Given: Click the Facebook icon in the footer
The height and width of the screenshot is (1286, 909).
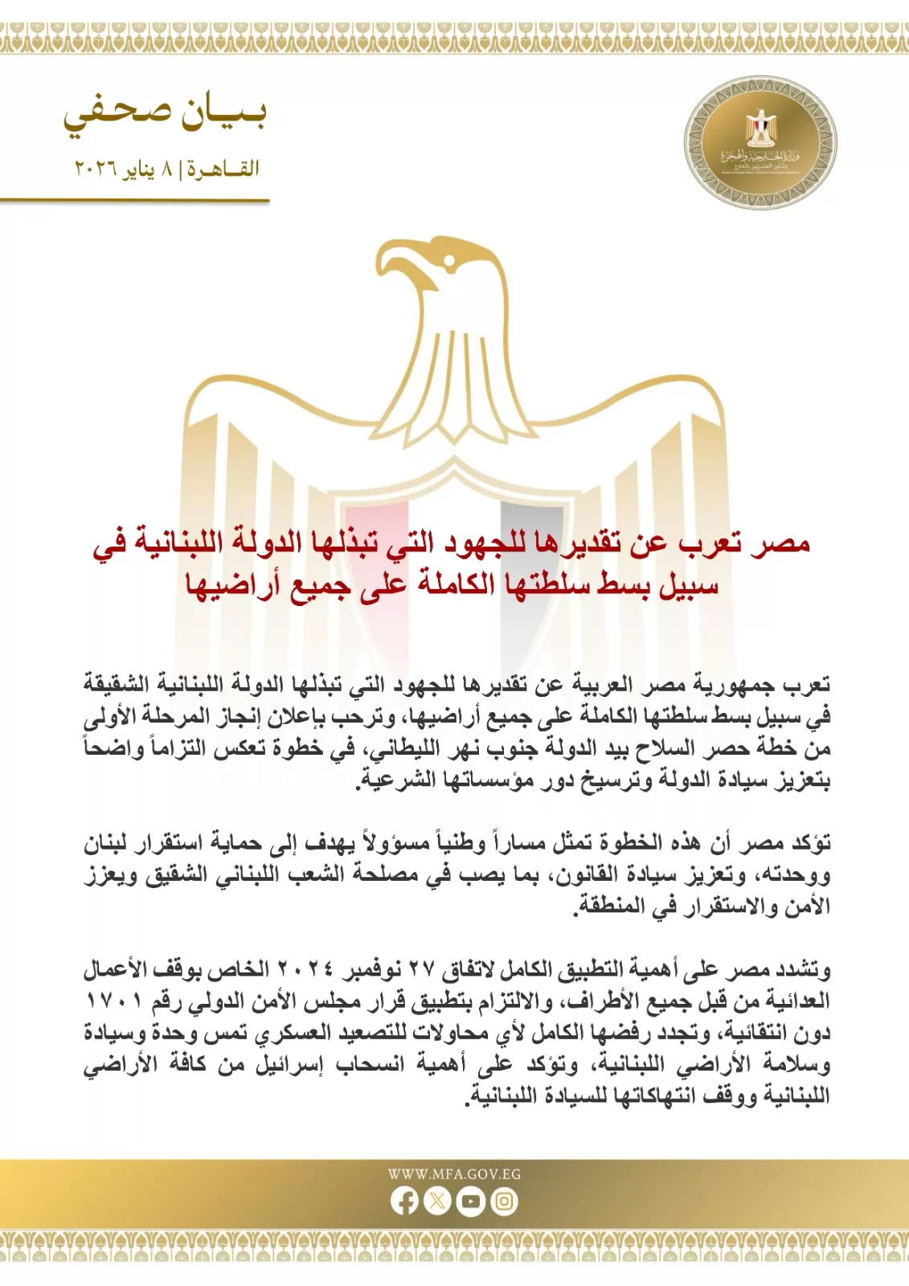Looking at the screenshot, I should (404, 1202).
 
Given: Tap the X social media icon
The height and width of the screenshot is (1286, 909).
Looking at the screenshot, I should (437, 1202).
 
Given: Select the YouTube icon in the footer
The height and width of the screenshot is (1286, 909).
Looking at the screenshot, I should (470, 1202).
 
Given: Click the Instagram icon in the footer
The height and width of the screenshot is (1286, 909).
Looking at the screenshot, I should (504, 1202).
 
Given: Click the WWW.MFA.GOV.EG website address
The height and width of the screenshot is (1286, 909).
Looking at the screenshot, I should (454, 1174).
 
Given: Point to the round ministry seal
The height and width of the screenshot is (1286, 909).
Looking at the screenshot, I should (760, 143).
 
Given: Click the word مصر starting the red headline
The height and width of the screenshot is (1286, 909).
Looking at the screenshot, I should (780, 544).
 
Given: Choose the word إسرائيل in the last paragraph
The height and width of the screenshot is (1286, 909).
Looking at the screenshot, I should (292, 1065).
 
